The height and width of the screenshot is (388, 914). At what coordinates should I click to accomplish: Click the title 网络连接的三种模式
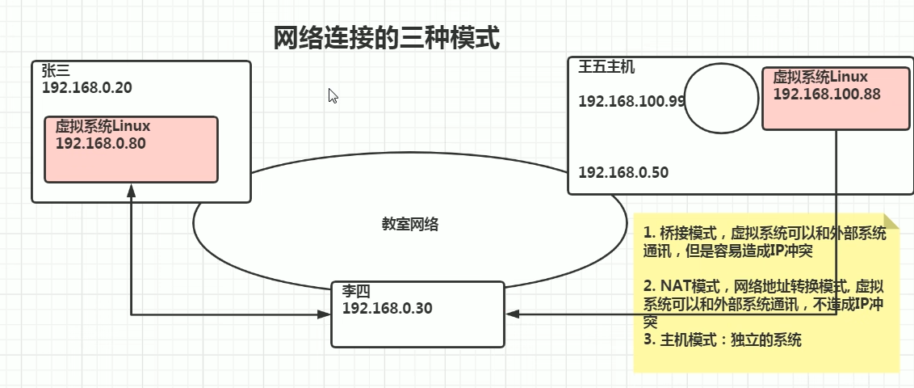(x=386, y=38)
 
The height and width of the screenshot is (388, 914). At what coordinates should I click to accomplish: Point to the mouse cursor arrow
(x=332, y=95)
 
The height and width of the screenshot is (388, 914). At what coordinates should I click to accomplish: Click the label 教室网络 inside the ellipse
(x=410, y=225)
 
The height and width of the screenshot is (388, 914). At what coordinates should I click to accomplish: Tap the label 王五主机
(x=606, y=67)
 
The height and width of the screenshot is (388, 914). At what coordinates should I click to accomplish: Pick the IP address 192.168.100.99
(x=632, y=101)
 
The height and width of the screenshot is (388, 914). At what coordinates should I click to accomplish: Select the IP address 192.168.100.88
(x=826, y=95)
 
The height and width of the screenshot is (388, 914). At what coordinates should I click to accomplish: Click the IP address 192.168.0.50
(x=623, y=172)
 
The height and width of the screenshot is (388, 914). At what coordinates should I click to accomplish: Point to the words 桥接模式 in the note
(x=684, y=234)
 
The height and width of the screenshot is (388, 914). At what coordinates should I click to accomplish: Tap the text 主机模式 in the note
(x=685, y=340)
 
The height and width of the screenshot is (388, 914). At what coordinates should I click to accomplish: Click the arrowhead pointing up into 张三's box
(x=131, y=189)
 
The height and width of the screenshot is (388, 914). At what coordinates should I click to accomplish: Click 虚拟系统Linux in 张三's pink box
(x=103, y=127)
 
